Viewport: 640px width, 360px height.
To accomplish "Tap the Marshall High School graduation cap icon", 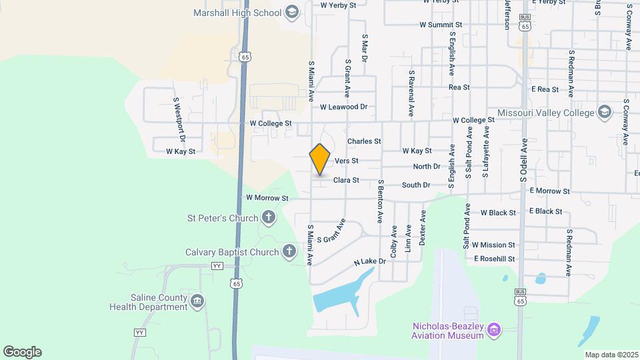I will [x=291, y=11].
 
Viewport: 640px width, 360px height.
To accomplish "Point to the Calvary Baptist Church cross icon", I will [x=289, y=251].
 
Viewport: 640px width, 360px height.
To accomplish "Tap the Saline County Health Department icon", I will [x=197, y=301].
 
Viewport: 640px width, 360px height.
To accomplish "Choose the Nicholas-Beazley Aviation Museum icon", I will [x=494, y=329].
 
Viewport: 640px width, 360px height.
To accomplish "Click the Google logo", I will [x=22, y=352].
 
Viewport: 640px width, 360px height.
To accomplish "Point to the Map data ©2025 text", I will [x=611, y=355].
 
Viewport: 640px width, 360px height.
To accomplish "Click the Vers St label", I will [x=347, y=161].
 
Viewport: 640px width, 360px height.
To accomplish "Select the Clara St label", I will [x=347, y=180].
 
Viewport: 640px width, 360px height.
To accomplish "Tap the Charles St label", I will [x=364, y=141].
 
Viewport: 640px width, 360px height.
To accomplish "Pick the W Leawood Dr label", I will [x=343, y=107].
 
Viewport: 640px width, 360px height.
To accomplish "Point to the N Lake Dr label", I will [x=371, y=263].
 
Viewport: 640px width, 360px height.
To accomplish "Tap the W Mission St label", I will [x=493, y=245].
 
